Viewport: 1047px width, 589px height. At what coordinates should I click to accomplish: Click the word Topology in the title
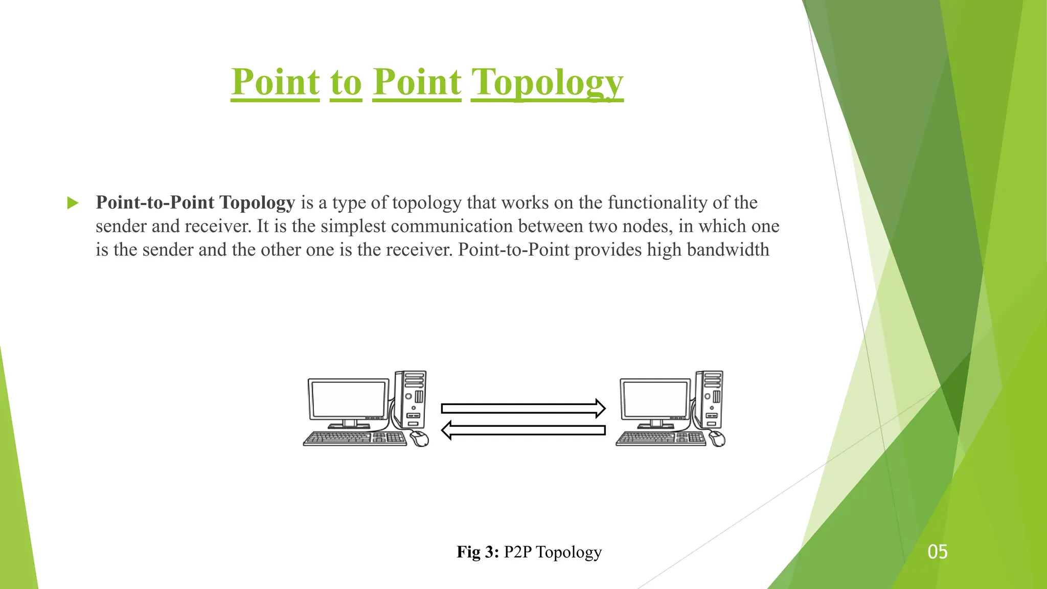point(547,82)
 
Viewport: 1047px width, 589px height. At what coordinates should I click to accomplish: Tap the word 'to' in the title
point(346,82)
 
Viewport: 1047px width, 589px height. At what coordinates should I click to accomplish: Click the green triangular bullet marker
point(73,203)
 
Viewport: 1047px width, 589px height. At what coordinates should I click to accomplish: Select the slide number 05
point(937,552)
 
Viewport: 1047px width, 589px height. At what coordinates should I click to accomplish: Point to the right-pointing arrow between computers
point(523,408)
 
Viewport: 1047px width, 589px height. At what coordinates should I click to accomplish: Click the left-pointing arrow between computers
point(523,430)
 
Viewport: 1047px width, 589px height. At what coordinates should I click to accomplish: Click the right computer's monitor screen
point(655,399)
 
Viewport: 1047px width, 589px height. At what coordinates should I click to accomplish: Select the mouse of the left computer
point(419,438)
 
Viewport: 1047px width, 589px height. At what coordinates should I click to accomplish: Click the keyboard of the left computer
point(355,438)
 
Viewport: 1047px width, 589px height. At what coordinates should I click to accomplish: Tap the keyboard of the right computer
point(661,438)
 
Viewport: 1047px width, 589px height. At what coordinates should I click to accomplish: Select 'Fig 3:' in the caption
point(477,552)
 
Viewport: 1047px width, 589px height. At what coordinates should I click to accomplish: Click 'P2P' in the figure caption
point(518,552)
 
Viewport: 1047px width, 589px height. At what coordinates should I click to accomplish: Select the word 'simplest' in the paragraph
point(353,226)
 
